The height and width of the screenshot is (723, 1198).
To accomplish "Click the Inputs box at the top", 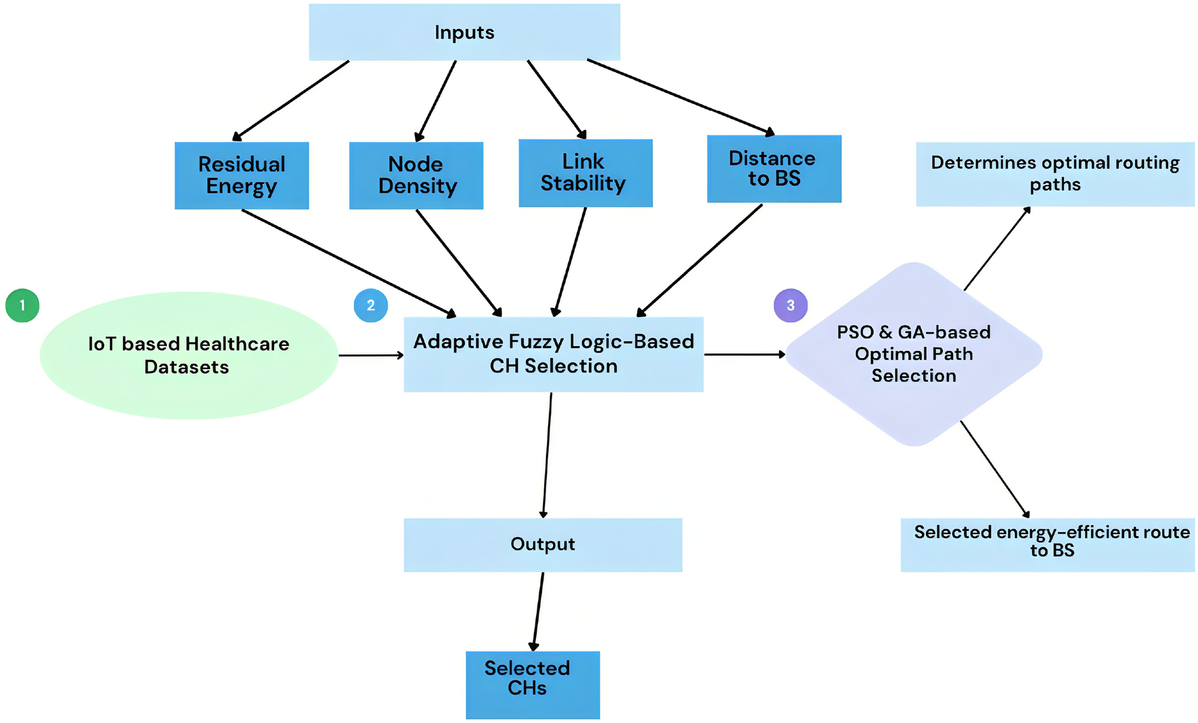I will [464, 32].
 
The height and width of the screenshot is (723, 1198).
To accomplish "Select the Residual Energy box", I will [242, 175].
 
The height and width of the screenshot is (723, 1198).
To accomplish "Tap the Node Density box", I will [416, 175].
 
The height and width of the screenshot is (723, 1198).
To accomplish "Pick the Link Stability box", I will [585, 173].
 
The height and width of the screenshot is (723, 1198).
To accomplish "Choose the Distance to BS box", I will [774, 169].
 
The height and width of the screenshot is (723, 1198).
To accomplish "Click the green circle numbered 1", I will [22, 305].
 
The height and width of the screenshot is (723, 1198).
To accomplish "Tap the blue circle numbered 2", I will [371, 305].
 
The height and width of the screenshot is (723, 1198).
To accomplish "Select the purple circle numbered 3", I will [791, 305].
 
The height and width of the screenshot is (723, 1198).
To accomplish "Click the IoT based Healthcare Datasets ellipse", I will [188, 355].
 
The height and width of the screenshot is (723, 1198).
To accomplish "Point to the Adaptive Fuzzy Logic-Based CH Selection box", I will [553, 354].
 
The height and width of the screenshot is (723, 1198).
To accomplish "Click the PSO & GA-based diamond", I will [914, 354].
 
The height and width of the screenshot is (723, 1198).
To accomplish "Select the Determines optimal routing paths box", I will [1055, 174].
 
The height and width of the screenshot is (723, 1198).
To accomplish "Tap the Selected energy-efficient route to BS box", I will [1047, 544].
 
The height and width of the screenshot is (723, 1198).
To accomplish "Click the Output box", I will [542, 544].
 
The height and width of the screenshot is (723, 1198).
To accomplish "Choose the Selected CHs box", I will [533, 684].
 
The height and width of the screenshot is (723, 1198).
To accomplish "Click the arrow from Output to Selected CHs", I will [538, 611].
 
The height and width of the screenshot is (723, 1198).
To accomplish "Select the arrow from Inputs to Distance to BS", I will [680, 97].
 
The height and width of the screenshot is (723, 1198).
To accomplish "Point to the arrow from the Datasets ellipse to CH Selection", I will [371, 355].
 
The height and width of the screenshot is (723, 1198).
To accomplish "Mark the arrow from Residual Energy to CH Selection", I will [349, 263].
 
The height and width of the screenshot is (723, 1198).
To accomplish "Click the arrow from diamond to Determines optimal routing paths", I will [997, 248].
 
